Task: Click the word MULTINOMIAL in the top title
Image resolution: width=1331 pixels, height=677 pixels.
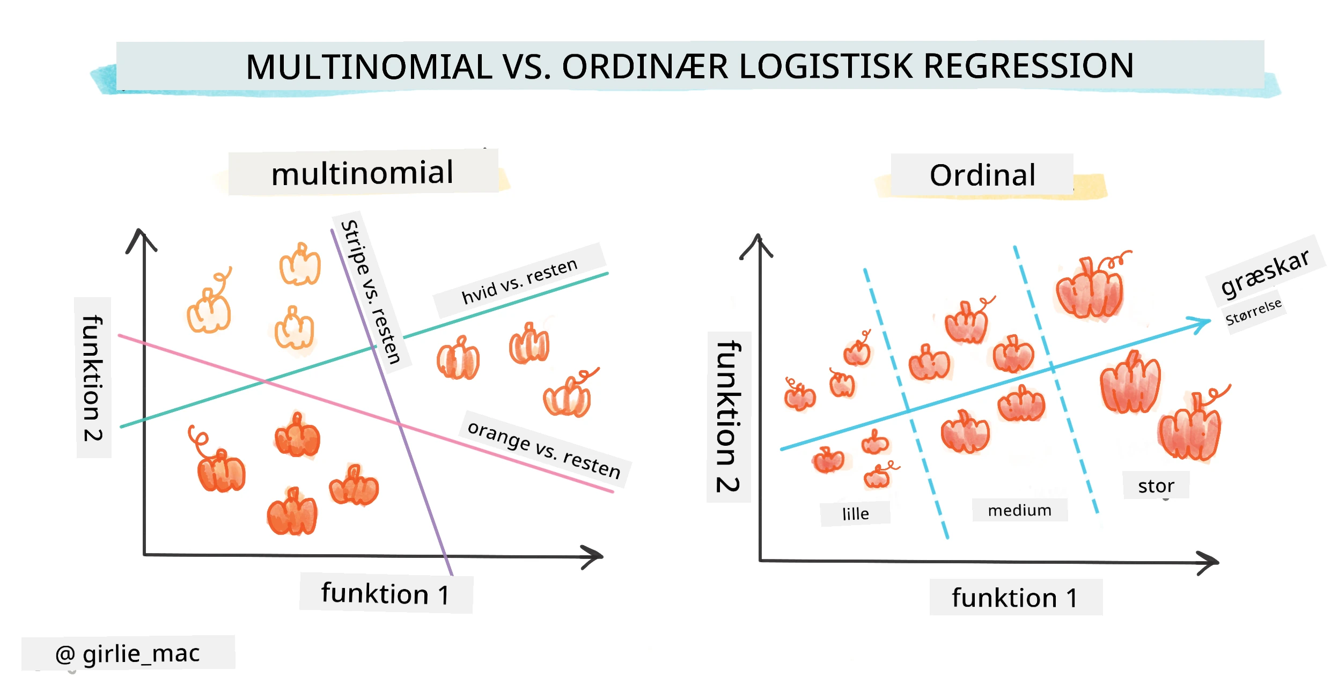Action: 369,67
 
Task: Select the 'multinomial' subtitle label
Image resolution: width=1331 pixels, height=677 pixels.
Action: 363,173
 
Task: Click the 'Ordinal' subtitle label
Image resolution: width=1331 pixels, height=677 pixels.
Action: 982,175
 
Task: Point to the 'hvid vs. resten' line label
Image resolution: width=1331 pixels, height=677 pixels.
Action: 519,281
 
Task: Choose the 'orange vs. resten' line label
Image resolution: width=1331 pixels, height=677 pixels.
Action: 544,449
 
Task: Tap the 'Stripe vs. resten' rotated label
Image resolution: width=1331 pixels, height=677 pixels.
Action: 371,292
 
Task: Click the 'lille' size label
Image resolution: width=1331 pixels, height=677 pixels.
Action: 855,514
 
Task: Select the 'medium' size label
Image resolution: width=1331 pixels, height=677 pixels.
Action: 1019,510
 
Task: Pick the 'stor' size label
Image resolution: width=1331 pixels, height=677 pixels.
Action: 1156,486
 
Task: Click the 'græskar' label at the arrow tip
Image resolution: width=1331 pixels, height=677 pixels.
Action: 1265,273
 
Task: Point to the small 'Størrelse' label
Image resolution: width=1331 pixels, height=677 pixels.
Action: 1253,312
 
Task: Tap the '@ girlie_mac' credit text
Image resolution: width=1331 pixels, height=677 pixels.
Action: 128,654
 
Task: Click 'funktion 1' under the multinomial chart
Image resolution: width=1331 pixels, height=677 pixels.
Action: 385,594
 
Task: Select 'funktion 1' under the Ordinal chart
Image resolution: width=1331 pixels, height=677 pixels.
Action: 1014,598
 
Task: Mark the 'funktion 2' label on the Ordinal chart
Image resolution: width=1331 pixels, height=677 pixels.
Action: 728,416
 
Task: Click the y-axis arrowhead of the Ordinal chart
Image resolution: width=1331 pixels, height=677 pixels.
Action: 758,244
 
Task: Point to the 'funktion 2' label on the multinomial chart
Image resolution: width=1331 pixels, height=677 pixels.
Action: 92,378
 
